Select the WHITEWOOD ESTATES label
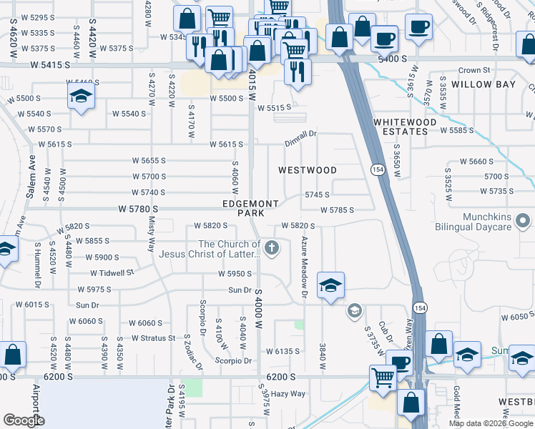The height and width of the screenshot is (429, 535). [405, 127]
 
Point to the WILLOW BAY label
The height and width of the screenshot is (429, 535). [484, 84]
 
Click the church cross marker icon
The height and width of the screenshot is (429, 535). [270, 249]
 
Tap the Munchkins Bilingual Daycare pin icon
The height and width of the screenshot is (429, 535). [523, 219]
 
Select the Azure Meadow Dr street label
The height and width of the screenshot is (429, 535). [304, 267]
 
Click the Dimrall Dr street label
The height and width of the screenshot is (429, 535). [300, 134]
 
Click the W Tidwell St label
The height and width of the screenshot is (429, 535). [112, 272]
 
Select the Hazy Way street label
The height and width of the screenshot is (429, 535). [288, 394]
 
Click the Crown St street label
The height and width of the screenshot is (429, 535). [474, 71]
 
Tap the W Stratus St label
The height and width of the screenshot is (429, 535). [148, 338]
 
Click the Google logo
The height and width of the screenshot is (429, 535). [24, 420]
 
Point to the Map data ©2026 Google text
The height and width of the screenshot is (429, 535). [490, 423]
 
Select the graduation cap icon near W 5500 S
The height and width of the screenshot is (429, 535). [82, 97]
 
